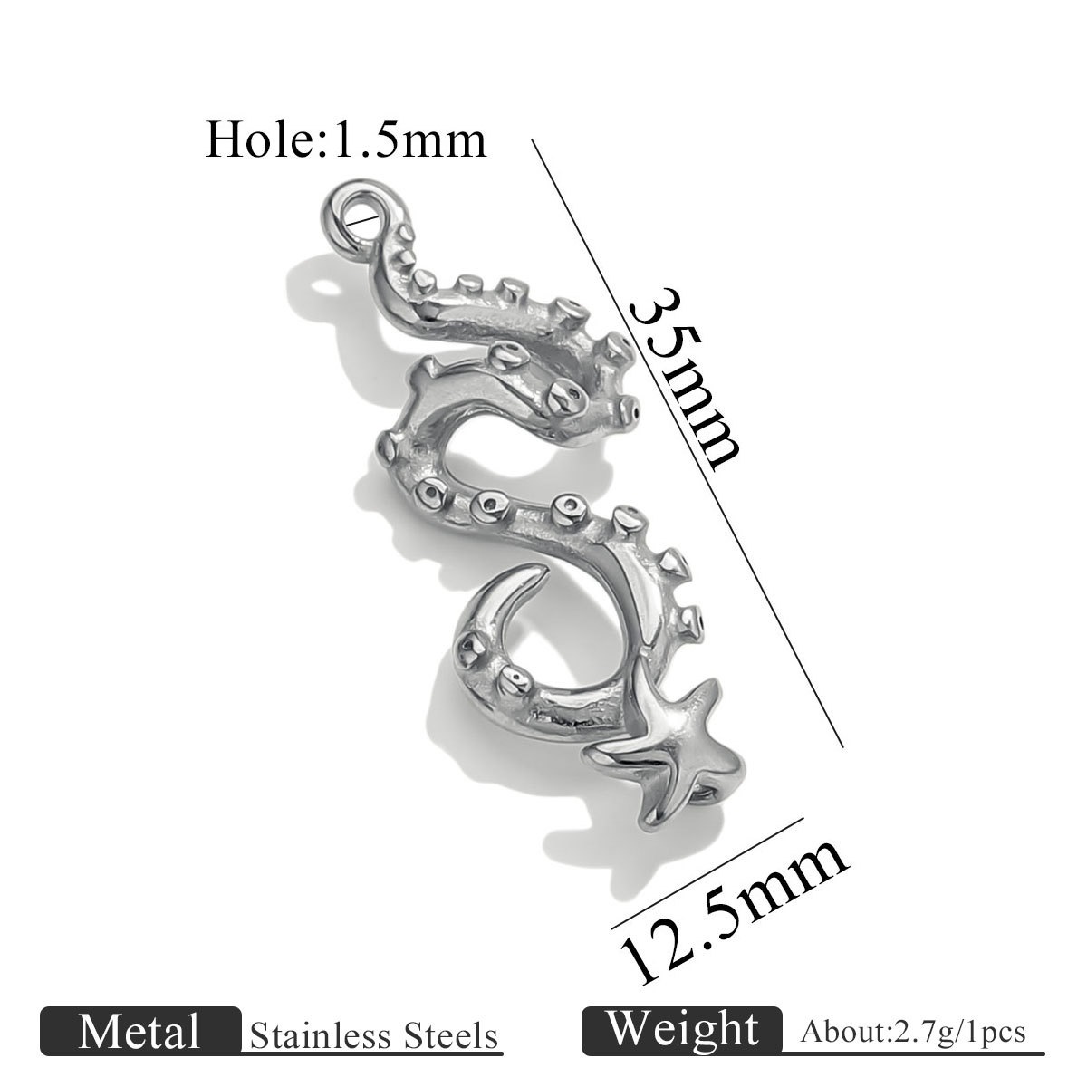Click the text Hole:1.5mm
click(345, 139)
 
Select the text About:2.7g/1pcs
click(913, 1032)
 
